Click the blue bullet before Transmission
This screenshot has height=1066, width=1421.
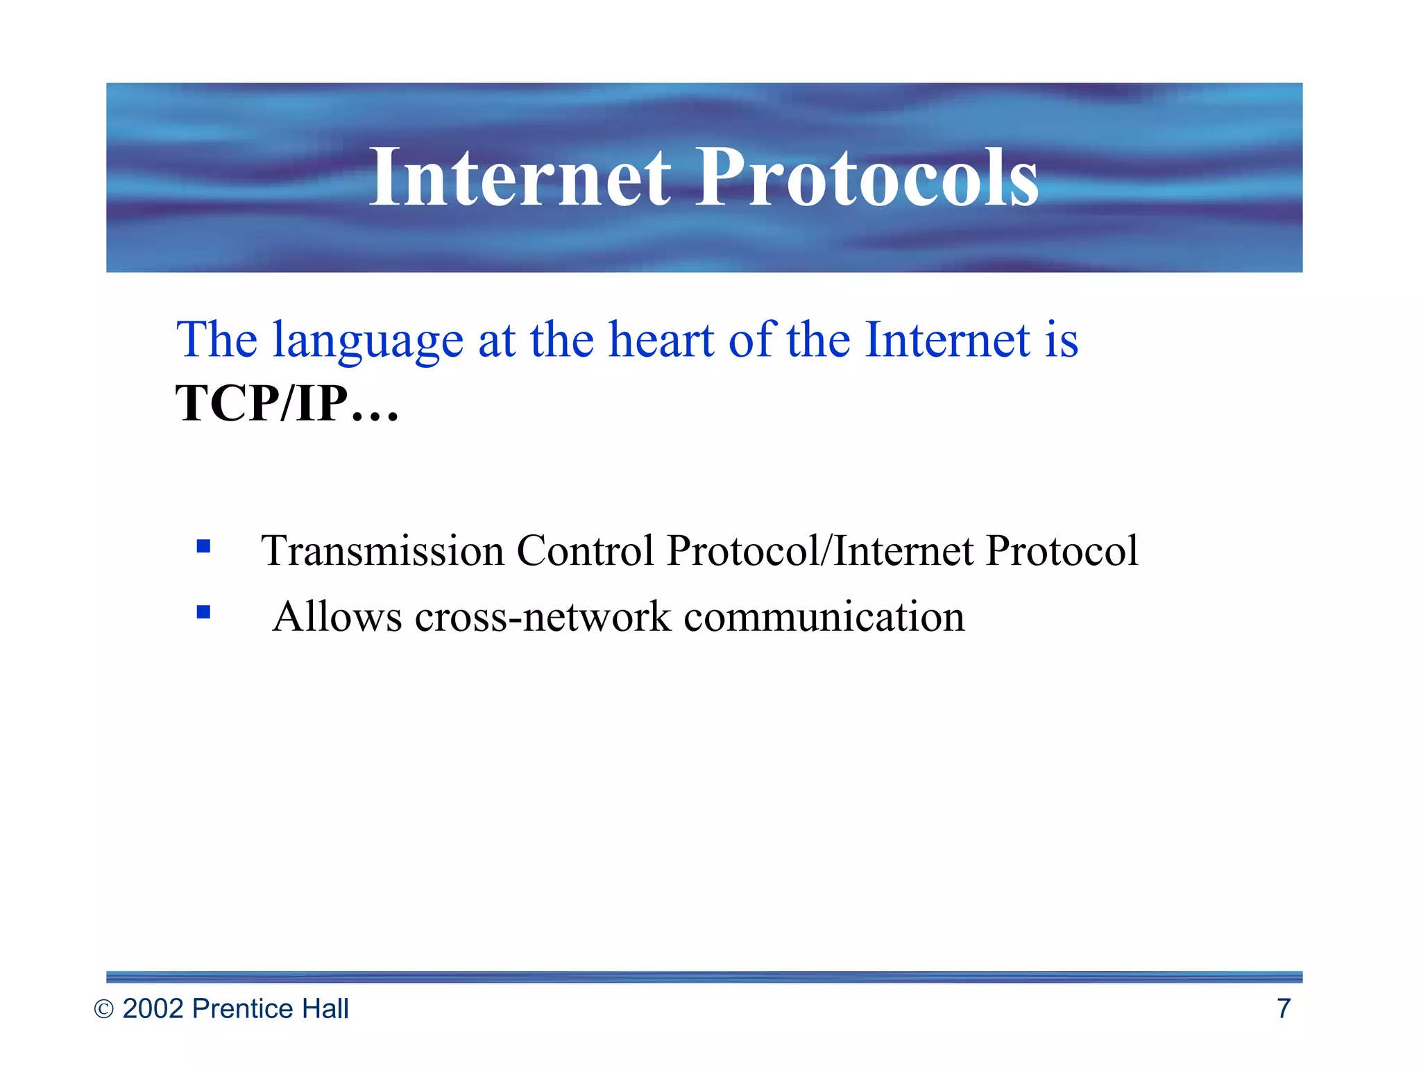click(203, 546)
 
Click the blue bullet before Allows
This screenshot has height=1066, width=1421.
click(203, 612)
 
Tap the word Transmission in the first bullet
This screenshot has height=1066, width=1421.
click(382, 551)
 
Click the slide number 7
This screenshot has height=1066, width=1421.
click(1284, 1008)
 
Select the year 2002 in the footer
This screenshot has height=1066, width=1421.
click(153, 1008)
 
